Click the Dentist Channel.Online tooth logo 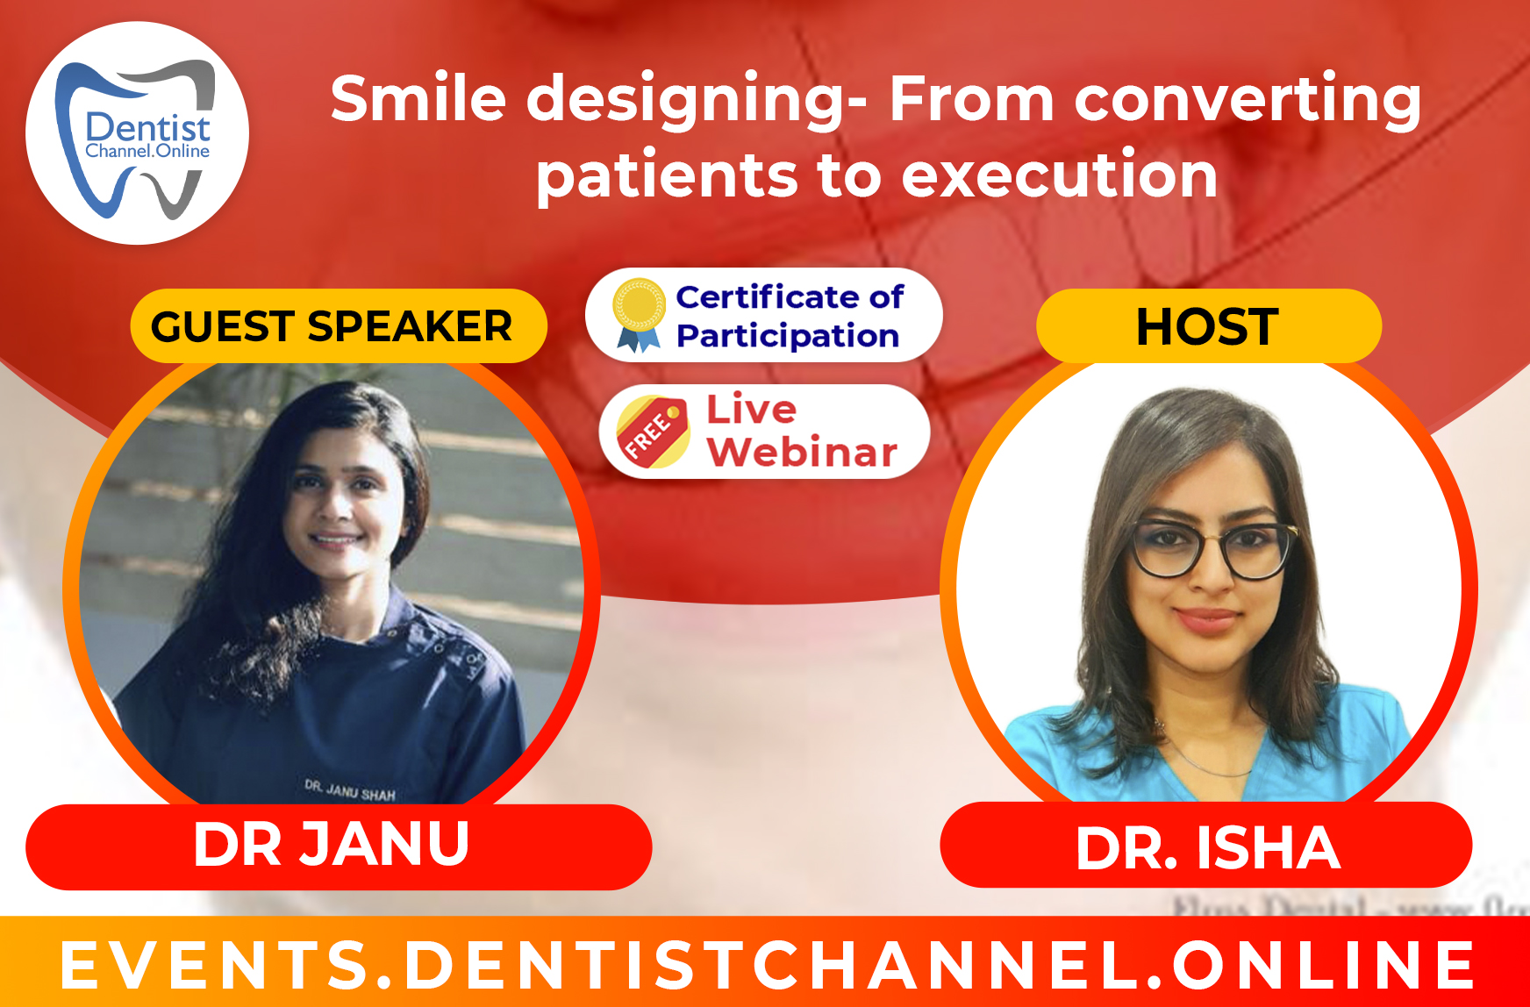point(137,133)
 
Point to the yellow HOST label point(1208,326)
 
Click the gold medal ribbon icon point(639,314)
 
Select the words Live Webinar point(800,432)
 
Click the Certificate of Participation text point(789,316)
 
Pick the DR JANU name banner point(338,846)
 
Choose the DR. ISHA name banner point(1206,847)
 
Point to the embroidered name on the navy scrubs point(350,790)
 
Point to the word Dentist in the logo point(147,128)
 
